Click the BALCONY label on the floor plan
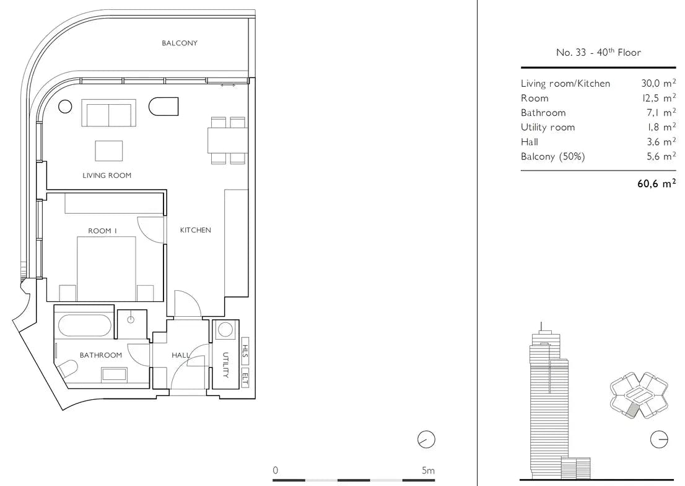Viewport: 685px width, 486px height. (180, 43)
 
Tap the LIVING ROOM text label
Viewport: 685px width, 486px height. (107, 175)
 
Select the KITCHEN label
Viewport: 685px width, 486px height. (195, 230)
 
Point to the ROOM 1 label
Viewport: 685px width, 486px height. (102, 231)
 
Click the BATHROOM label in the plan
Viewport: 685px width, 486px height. (100, 355)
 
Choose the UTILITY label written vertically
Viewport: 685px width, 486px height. (225, 365)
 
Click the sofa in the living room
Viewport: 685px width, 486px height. (109, 113)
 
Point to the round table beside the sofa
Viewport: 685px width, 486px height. (65, 106)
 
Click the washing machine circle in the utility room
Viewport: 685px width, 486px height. (225, 329)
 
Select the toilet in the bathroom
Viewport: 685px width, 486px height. (68, 369)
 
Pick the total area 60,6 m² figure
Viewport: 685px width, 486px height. (657, 183)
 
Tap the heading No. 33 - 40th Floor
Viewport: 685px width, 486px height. (598, 52)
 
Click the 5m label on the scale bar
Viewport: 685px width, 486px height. (428, 471)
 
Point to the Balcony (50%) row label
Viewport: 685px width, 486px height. (552, 157)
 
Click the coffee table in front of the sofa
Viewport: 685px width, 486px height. (109, 151)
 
